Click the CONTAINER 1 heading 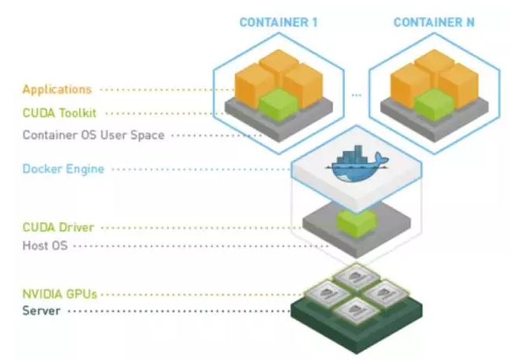point(278,22)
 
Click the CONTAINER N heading point(434,22)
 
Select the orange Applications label point(57,89)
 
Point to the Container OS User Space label point(93,135)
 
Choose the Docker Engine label point(63,169)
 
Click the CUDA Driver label point(58,228)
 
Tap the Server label point(43,311)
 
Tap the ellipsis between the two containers point(356,95)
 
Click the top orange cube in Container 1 point(279,64)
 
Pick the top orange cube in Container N point(434,64)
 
